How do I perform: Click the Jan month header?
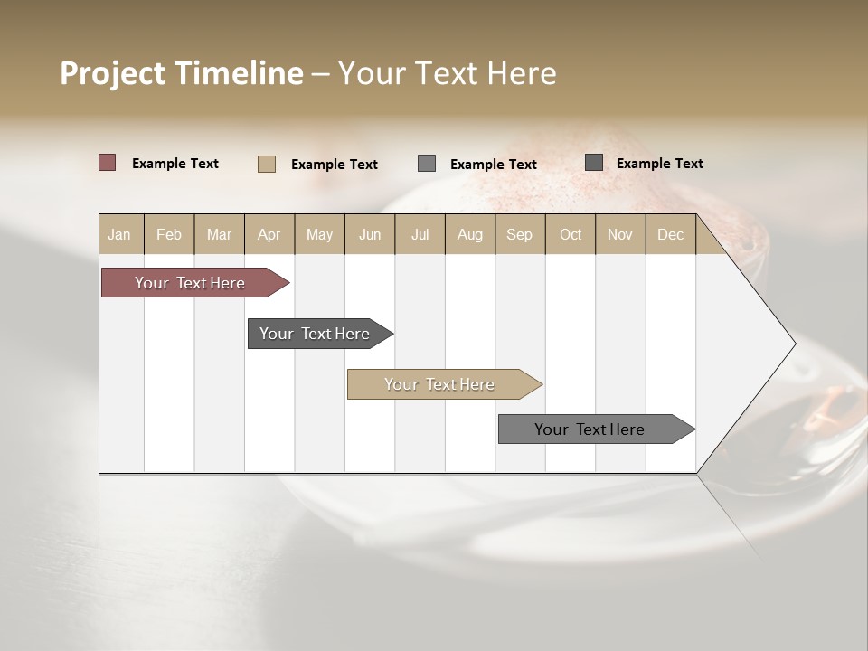120,234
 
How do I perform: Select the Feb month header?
169,234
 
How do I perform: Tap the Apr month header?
269,234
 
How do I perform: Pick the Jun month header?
370,234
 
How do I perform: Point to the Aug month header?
470,234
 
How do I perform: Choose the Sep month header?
520,234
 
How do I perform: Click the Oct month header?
571,234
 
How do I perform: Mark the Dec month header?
671,234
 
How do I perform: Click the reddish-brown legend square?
108,163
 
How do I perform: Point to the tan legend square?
267,164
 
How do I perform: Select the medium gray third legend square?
427,164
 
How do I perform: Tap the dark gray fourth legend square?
594,163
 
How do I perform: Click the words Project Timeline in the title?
181,73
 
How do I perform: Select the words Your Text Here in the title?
447,73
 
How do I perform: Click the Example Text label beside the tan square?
335,165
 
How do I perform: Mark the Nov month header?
620,234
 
